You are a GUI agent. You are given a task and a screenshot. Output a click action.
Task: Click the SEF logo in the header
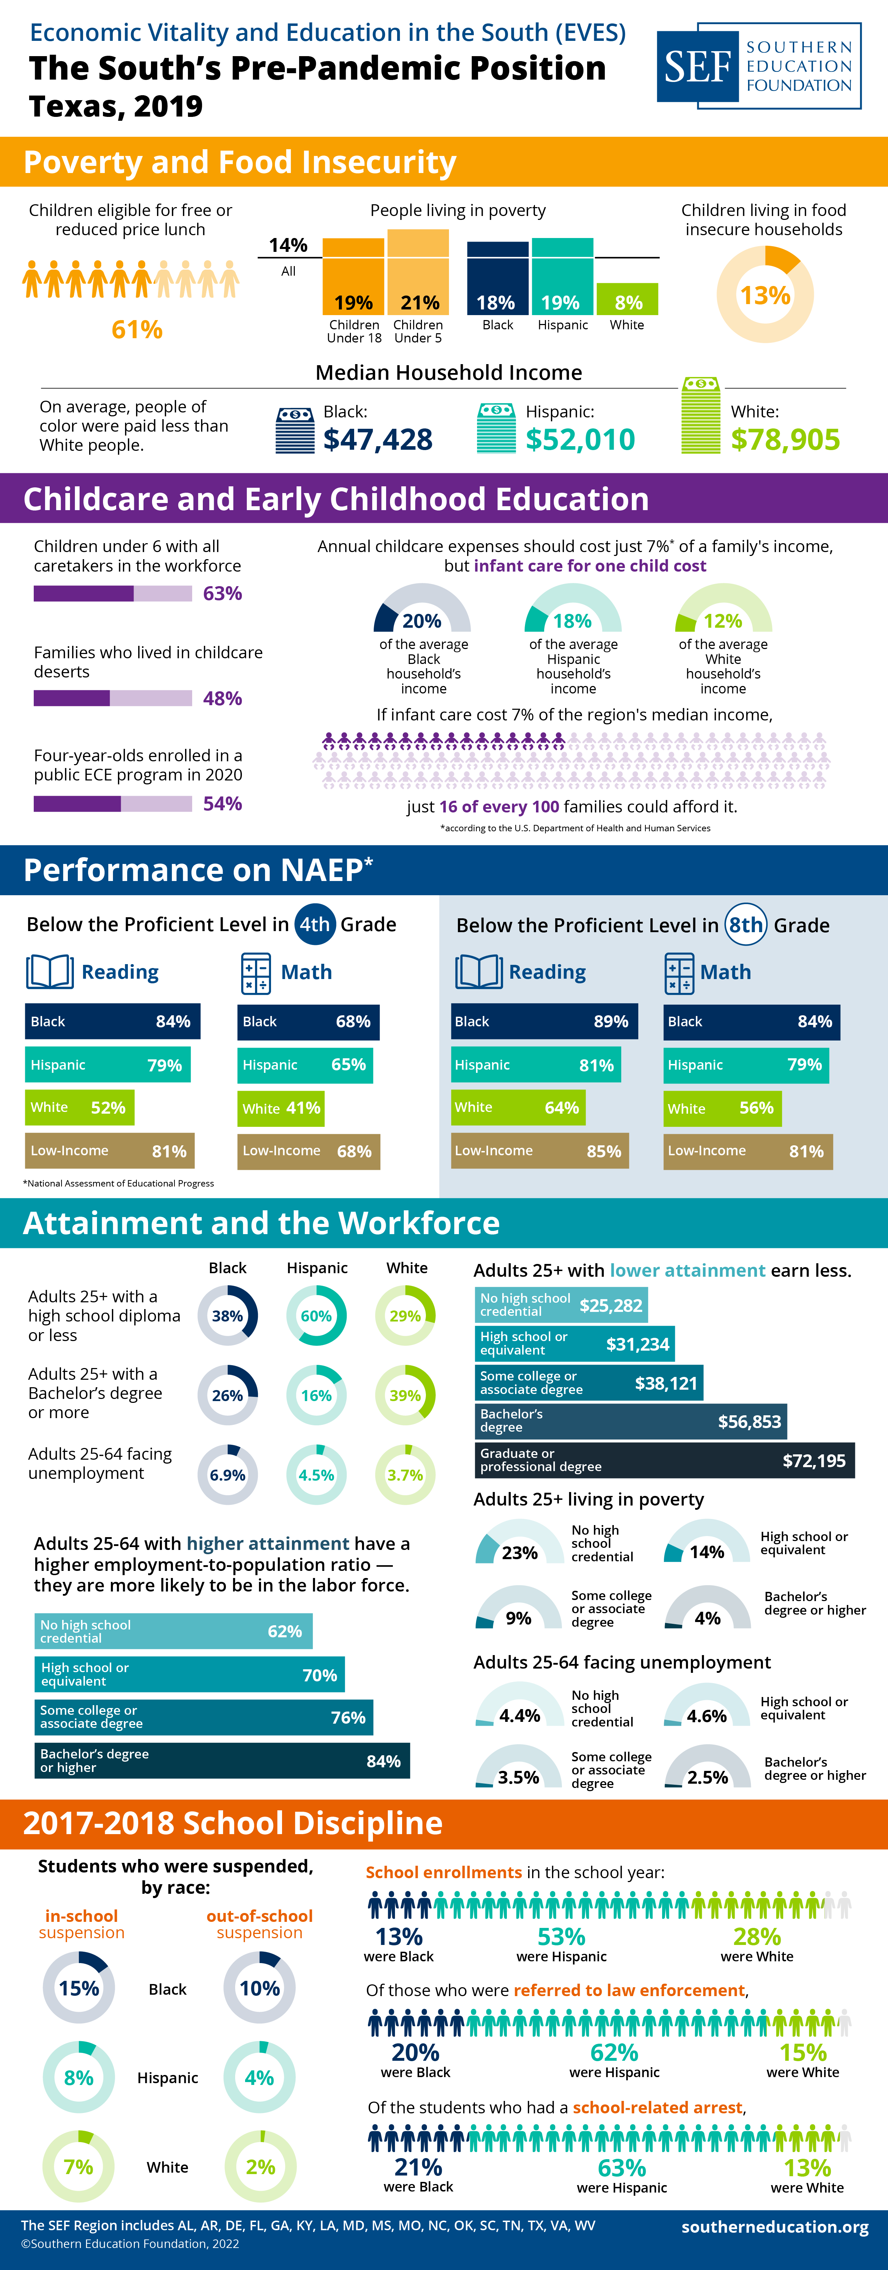[x=758, y=66]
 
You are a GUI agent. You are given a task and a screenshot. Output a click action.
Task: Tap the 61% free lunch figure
[x=136, y=330]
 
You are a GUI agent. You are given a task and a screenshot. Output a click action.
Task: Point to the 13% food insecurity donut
[x=765, y=294]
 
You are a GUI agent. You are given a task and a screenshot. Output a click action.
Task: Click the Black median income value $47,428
[x=378, y=439]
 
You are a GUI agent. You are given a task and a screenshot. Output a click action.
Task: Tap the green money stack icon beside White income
[x=700, y=416]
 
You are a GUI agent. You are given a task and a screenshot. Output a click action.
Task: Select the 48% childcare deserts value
[x=222, y=698]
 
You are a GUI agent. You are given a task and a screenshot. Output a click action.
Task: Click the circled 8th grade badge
[x=745, y=924]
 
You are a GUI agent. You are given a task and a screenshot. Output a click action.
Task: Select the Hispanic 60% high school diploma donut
[x=316, y=1316]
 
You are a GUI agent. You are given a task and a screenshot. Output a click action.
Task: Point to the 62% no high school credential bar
[x=174, y=1631]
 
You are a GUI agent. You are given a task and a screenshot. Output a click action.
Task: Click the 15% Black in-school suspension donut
[x=78, y=1988]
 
